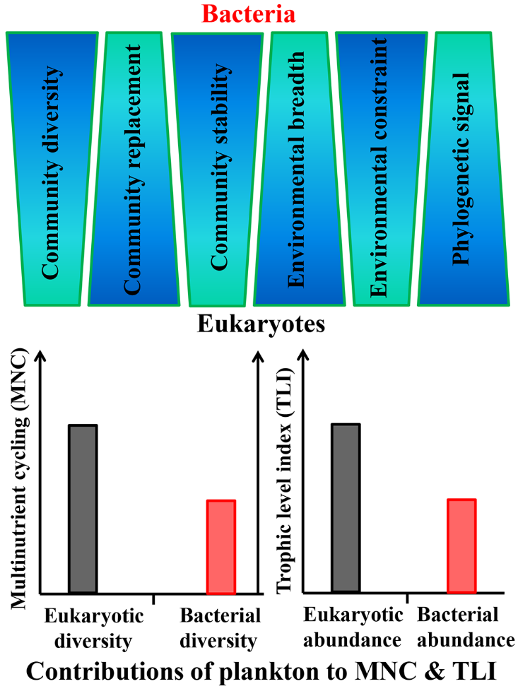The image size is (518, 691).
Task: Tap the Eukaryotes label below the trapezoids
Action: point(261,325)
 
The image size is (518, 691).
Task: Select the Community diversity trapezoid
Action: point(52,170)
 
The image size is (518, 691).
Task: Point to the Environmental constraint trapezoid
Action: point(382,170)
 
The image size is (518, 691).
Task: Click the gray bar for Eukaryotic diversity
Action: point(83,509)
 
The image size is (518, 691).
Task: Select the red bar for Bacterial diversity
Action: point(220,546)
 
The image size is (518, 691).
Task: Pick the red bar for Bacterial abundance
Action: point(461,545)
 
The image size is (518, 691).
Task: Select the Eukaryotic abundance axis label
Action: point(353,627)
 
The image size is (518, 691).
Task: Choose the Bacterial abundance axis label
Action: point(464,627)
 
